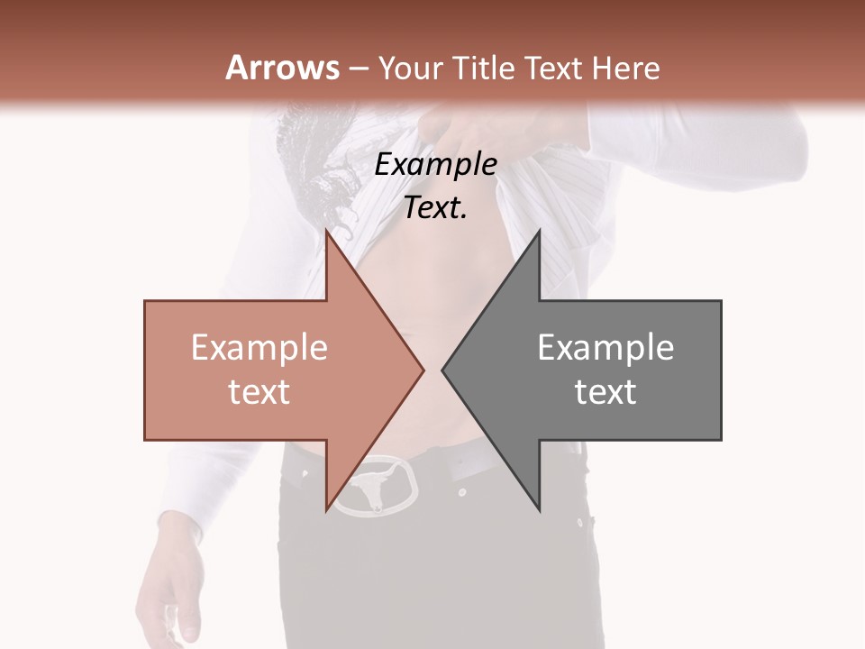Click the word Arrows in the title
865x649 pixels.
point(283,68)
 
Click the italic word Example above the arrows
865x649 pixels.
point(436,165)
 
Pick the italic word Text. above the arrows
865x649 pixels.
point(435,208)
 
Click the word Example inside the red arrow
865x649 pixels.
point(259,347)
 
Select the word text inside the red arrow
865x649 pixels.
point(259,391)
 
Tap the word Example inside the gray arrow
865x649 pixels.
point(605,347)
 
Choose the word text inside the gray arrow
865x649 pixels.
point(605,391)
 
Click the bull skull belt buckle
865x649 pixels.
point(375,487)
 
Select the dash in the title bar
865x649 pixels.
point(358,69)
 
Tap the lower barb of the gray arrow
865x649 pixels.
point(538,505)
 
